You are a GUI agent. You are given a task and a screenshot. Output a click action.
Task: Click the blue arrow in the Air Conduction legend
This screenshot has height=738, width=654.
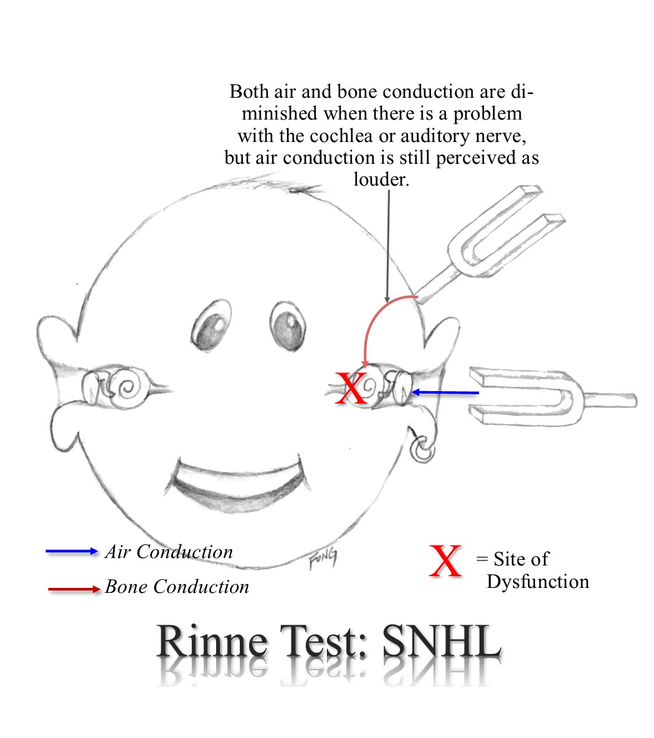[x=72, y=551]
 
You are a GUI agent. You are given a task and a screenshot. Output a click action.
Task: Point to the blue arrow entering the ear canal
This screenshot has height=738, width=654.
[x=445, y=392]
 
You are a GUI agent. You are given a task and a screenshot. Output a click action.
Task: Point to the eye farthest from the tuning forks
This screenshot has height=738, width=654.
[x=212, y=326]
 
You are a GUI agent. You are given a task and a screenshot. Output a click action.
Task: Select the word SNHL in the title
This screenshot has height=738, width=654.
[x=441, y=641]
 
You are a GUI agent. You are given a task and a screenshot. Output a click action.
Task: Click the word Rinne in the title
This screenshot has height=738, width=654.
[x=211, y=641]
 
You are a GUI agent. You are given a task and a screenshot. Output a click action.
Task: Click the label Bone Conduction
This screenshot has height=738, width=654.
[x=177, y=587]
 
